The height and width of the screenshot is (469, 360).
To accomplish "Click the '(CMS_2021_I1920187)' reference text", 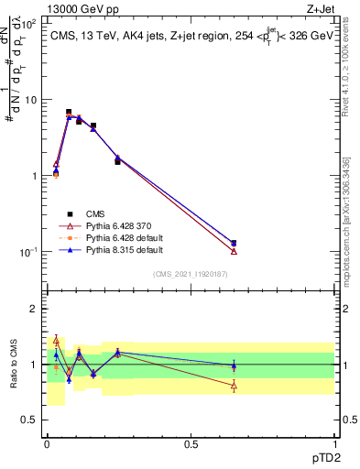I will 191,273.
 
